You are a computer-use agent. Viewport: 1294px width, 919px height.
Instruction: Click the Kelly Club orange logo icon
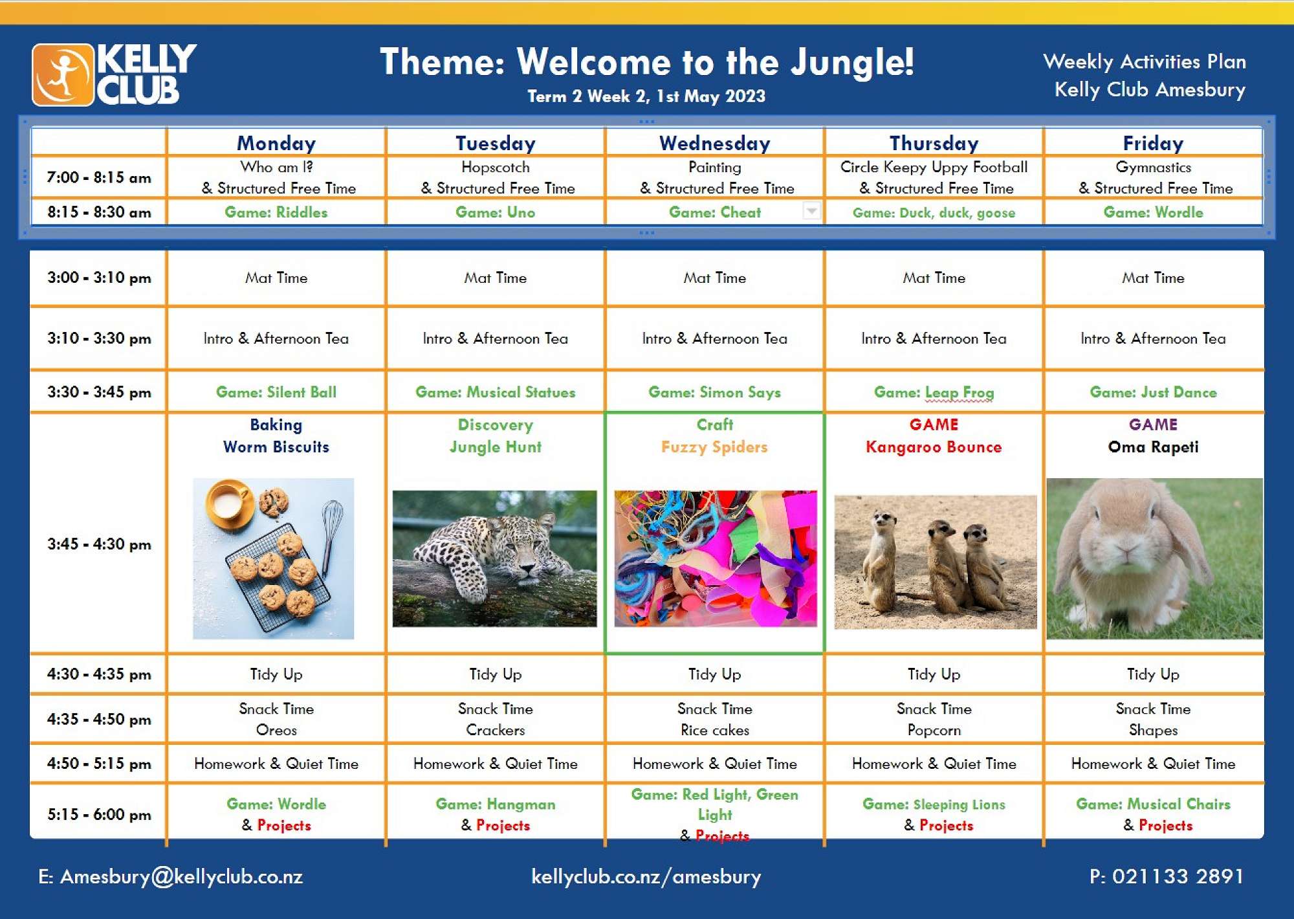(63, 74)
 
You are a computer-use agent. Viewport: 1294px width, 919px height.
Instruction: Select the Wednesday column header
(714, 143)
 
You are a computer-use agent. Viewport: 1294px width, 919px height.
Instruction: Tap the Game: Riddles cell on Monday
(276, 212)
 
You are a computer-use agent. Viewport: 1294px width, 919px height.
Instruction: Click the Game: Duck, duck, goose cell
(934, 213)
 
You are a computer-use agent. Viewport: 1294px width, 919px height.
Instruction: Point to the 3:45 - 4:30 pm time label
(99, 544)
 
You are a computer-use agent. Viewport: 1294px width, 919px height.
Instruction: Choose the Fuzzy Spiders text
(714, 447)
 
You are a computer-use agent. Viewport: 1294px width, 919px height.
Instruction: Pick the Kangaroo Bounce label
(934, 447)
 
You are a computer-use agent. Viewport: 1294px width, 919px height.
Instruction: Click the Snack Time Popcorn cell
(934, 719)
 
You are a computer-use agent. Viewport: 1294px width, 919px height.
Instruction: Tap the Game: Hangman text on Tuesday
(495, 804)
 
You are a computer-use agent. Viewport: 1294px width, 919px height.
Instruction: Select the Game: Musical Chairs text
(1153, 804)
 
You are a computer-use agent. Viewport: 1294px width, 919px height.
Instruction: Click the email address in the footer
(170, 877)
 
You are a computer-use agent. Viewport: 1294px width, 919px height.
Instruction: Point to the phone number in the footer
(1167, 876)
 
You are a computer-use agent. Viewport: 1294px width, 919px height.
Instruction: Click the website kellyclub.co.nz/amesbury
(646, 877)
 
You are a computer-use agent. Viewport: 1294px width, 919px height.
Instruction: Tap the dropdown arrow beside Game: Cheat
(811, 210)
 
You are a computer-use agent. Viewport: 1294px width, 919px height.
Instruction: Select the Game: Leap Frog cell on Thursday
(934, 392)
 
